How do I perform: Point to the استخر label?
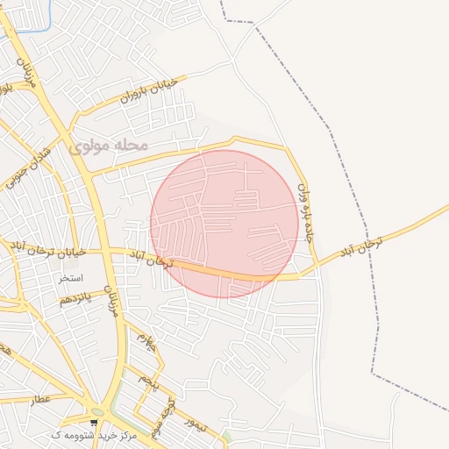pos(70,278)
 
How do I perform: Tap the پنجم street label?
pos(150,381)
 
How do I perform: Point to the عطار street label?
pos(42,398)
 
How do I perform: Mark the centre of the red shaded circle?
pos(224,224)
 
